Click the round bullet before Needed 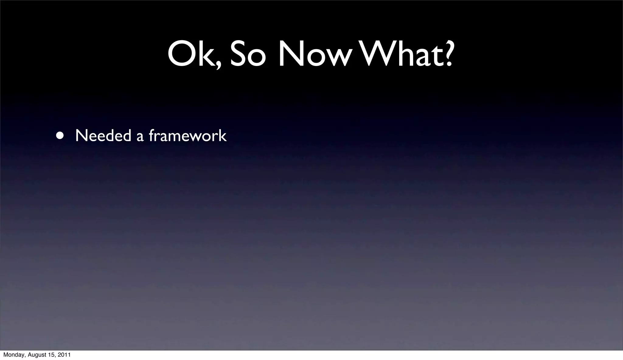point(60,135)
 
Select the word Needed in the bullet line point(103,136)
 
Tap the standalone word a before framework point(140,137)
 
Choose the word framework point(188,136)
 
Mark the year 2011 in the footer point(65,355)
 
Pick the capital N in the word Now point(291,54)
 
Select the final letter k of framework point(223,136)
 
